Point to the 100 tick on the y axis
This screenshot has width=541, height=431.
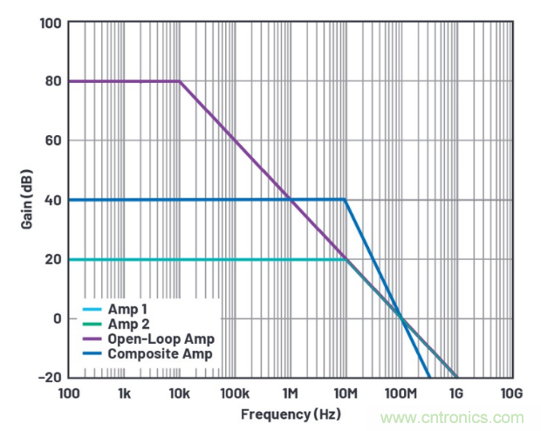[x=51, y=22]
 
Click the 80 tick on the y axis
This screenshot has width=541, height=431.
[x=55, y=81]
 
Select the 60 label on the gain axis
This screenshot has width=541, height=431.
[x=55, y=140]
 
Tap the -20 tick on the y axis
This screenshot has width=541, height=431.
[x=51, y=377]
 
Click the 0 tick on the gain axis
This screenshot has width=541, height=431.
[x=58, y=318]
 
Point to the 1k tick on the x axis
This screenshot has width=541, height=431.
[x=125, y=393]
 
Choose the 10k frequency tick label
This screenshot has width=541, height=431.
[x=180, y=393]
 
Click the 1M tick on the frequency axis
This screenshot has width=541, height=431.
[x=291, y=393]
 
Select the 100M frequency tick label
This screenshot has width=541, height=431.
[x=401, y=393]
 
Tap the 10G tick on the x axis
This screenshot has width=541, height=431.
[x=512, y=393]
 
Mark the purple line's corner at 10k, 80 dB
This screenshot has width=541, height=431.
[x=180, y=81]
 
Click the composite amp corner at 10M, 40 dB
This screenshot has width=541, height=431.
[x=346, y=200]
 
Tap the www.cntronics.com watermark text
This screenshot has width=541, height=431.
[x=452, y=417]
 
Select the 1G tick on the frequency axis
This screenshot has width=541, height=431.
[x=457, y=393]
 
